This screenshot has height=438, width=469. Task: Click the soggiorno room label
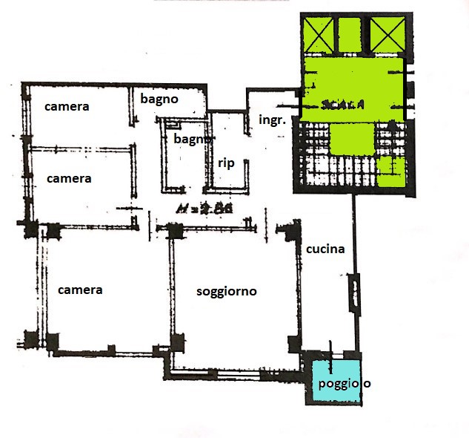[x=226, y=292]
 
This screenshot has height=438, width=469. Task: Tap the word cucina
[x=325, y=249]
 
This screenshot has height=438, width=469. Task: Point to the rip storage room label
[x=226, y=163]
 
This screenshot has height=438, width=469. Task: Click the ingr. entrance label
[x=272, y=119]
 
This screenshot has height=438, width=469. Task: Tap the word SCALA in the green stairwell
[x=343, y=105]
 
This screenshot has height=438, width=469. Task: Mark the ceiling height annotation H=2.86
[x=204, y=209]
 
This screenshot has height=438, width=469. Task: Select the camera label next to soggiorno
[x=81, y=290]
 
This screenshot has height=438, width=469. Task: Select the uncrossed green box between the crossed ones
[x=349, y=35]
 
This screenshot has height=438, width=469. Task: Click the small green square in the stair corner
[x=390, y=171]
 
